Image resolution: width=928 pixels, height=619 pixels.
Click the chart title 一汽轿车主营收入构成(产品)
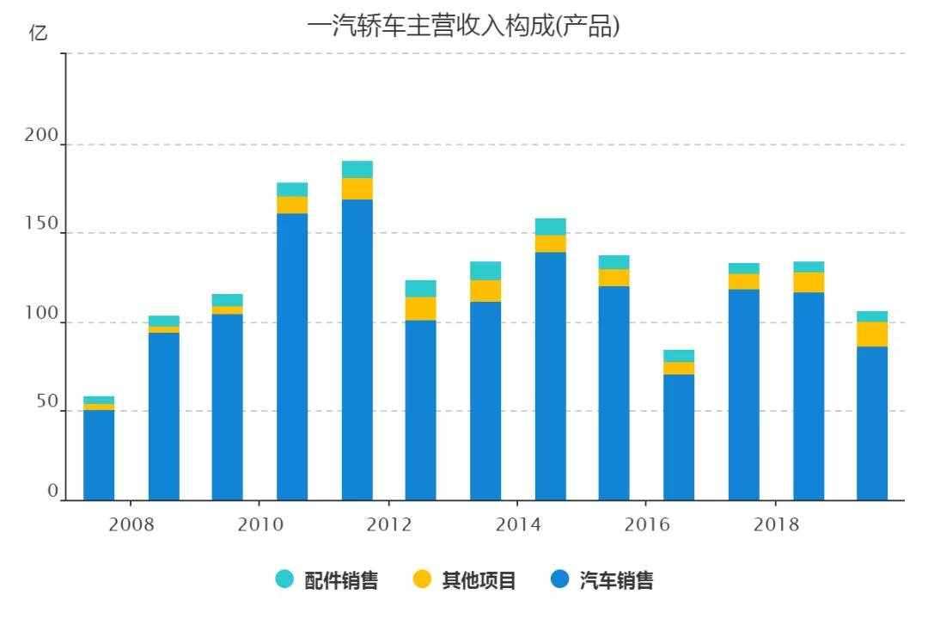tap(463, 27)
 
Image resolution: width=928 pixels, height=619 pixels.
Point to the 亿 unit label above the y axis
tap(39, 34)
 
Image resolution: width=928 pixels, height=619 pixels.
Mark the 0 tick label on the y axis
tap(52, 491)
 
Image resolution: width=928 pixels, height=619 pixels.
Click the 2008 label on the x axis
tap(131, 524)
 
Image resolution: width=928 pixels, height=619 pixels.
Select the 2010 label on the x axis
tap(260, 524)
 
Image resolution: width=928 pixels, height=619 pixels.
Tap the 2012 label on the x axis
tap(389, 524)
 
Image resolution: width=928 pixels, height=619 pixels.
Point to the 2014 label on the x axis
tap(518, 524)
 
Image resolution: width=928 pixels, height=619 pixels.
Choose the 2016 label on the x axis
tap(647, 524)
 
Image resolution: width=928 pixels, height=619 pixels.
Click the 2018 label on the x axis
tap(776, 524)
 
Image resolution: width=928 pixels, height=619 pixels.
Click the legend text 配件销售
tap(341, 580)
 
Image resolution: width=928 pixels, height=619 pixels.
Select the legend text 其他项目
tap(479, 580)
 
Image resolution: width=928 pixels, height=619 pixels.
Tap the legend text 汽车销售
tap(616, 580)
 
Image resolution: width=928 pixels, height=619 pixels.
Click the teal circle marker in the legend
tap(284, 579)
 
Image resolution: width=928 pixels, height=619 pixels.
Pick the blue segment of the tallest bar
tap(357, 348)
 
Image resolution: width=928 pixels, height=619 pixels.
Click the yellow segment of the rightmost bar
tap(872, 334)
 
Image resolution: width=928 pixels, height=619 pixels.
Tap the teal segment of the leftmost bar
tap(99, 400)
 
